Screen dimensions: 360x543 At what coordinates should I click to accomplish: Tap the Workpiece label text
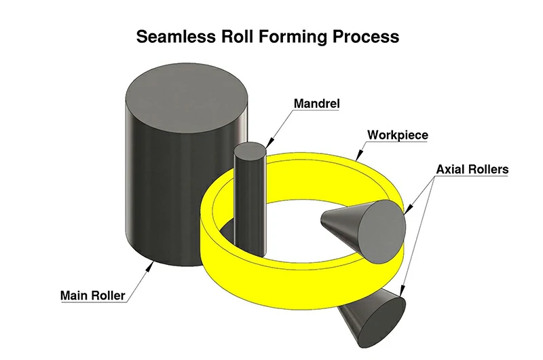(398, 134)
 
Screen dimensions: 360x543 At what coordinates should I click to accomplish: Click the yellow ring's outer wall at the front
(271, 272)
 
